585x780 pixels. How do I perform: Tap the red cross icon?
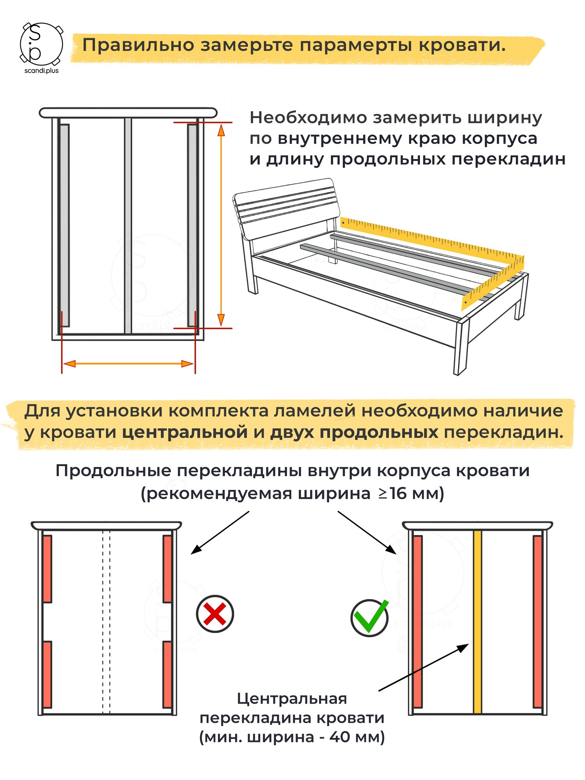point(215,613)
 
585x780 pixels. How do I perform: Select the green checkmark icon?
point(369,617)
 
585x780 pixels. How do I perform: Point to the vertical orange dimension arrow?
point(221,225)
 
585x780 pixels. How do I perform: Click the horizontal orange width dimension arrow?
point(128,364)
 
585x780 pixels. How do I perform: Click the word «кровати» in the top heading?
point(462,45)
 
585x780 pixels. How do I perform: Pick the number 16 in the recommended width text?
point(398,494)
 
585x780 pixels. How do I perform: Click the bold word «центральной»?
point(185,433)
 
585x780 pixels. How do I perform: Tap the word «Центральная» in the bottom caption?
point(292,698)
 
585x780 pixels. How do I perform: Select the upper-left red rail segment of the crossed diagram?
point(47,569)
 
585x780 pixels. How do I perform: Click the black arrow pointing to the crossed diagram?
point(220,532)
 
